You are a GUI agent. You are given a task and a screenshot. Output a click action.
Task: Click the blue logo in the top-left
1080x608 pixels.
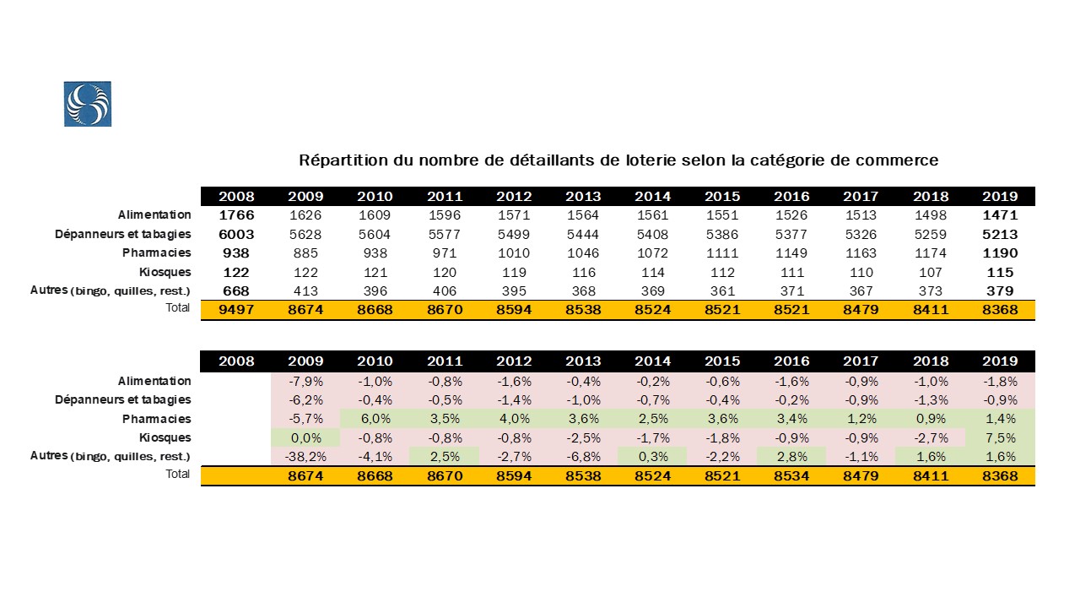click(x=88, y=104)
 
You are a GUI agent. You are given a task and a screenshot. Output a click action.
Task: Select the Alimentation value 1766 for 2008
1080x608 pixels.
click(x=236, y=215)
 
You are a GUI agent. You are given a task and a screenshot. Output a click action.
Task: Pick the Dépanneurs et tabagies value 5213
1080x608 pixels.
click(x=1000, y=234)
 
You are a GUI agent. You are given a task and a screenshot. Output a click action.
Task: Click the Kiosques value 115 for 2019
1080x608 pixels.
click(x=1000, y=272)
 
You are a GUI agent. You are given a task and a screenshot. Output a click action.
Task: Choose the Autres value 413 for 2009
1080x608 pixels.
click(x=305, y=290)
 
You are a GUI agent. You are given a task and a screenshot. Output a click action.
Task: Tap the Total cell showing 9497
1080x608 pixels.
click(x=236, y=310)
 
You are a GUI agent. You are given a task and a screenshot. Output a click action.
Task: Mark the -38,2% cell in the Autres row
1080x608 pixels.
click(x=305, y=457)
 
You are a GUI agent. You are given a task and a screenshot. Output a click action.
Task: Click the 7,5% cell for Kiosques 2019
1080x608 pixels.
click(x=1000, y=437)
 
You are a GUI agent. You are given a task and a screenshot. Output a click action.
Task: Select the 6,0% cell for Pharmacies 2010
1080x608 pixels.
click(x=375, y=419)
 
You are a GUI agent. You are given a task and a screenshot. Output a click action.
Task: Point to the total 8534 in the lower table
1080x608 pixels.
click(x=791, y=476)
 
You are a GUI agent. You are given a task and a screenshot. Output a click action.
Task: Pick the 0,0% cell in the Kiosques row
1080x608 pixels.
click(x=305, y=437)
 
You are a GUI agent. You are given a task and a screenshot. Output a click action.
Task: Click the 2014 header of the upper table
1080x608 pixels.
click(x=652, y=197)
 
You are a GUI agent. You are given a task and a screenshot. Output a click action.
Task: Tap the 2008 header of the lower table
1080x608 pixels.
click(x=236, y=361)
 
